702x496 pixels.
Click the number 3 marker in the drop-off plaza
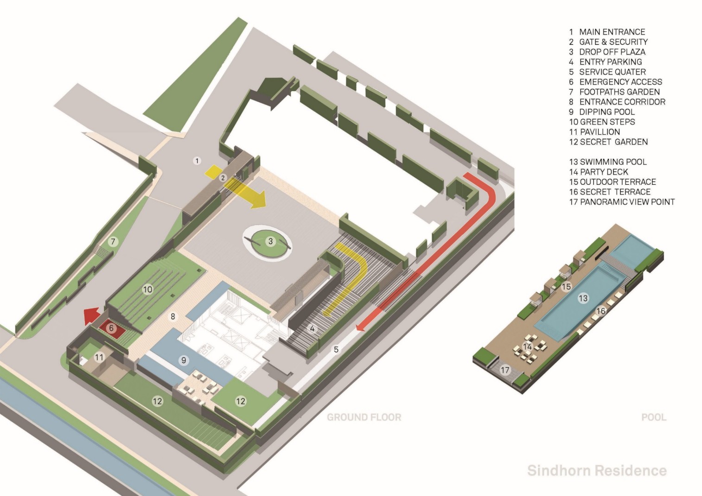pos(271,241)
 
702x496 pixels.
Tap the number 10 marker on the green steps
pos(147,289)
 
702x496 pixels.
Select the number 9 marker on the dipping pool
pos(184,360)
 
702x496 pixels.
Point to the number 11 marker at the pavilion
pos(99,357)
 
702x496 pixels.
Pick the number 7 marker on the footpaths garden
pos(112,241)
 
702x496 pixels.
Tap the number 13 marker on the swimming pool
pos(583,298)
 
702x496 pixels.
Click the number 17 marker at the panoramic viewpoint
pos(505,370)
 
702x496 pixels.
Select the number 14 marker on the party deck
pos(528,346)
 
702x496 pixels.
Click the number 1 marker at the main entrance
pos(197,161)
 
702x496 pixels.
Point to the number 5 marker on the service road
pos(336,350)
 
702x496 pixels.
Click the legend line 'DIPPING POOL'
pos(602,112)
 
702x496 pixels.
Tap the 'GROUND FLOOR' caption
pos(364,417)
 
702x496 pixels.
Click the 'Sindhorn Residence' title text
pos(597,471)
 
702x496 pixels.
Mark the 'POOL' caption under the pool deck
pos(653,417)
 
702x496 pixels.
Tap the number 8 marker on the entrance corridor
pos(173,317)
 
